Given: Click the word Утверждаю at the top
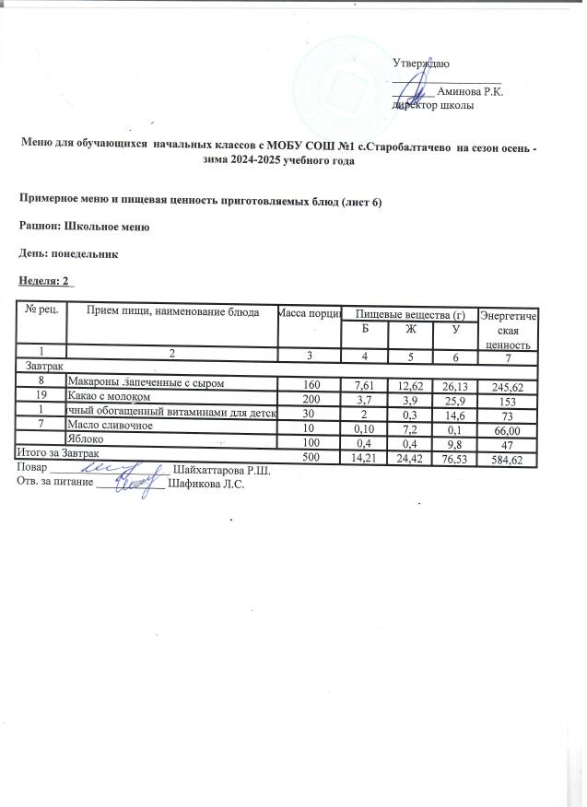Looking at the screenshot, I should (x=421, y=64).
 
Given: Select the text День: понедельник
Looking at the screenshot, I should (x=70, y=251).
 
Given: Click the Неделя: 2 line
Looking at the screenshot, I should (x=46, y=279).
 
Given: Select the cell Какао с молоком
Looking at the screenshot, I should (x=109, y=397).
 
